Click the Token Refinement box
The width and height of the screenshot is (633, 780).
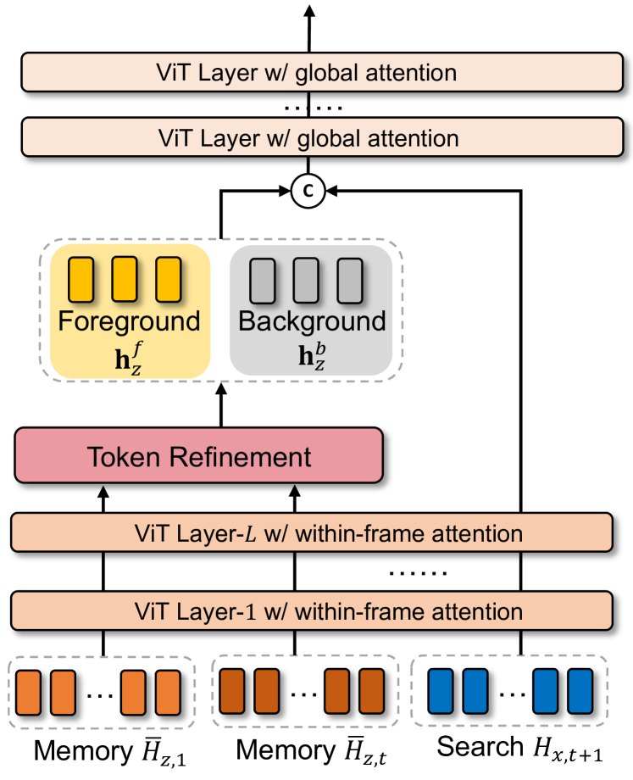(x=200, y=458)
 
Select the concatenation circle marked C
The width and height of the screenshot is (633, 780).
(x=308, y=192)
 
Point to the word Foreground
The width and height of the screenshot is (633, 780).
(x=130, y=321)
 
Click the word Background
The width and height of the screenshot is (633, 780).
(x=311, y=321)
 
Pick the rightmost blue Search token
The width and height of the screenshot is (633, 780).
(x=579, y=693)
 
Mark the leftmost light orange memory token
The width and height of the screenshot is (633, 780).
(x=27, y=693)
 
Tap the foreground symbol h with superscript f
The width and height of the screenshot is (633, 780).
(x=128, y=351)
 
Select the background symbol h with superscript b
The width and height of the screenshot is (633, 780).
(x=310, y=351)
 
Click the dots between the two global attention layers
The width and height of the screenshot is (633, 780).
(x=310, y=106)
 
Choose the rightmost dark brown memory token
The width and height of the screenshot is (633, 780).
(x=369, y=693)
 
